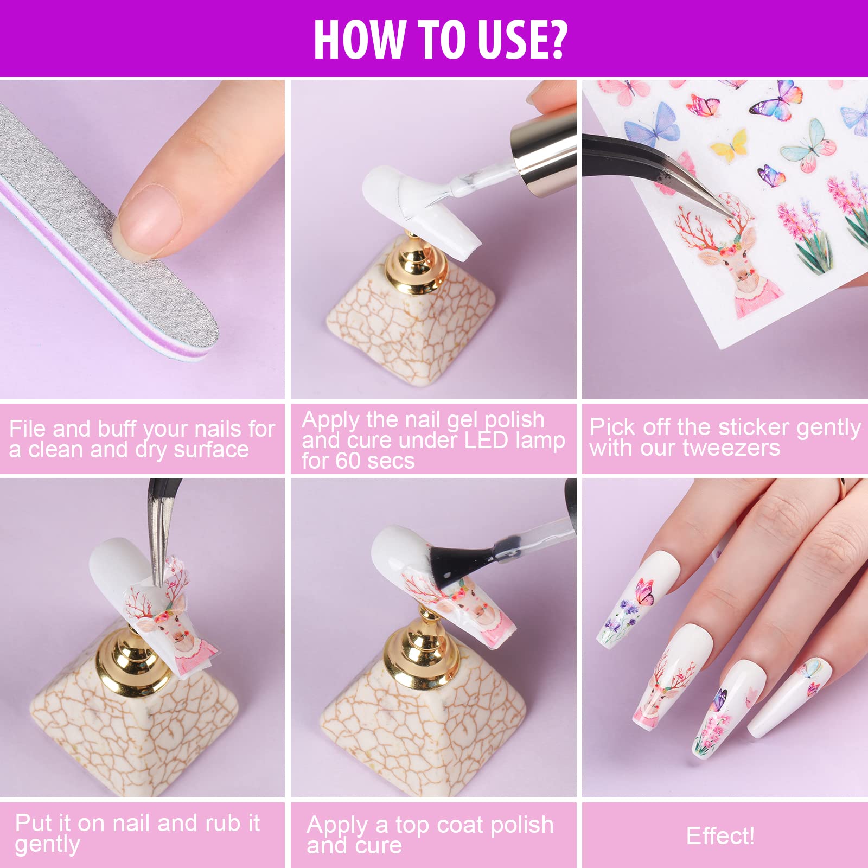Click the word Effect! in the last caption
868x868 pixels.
point(720,836)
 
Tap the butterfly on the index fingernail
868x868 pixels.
point(644,591)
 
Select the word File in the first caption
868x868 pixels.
point(27,429)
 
